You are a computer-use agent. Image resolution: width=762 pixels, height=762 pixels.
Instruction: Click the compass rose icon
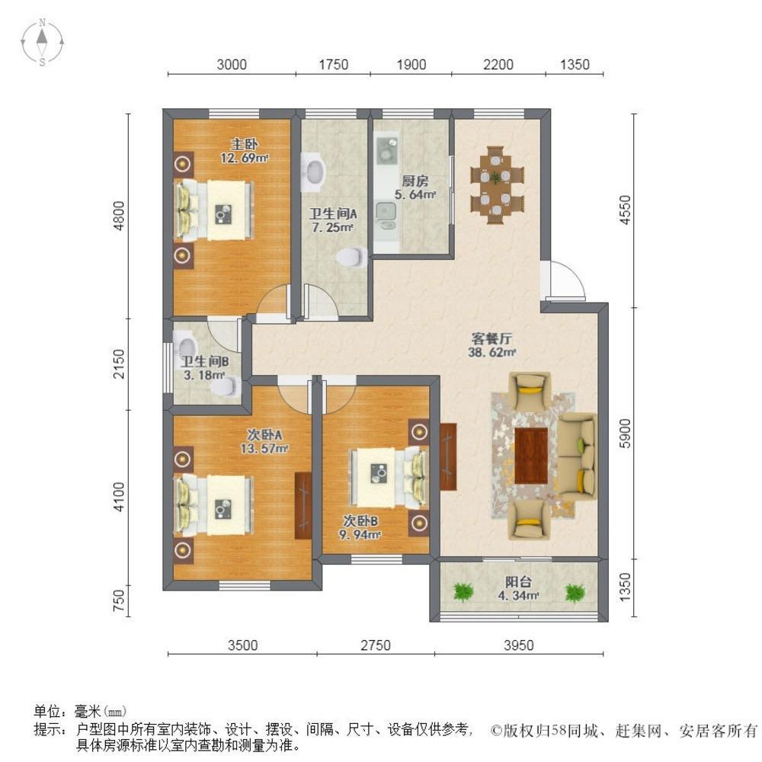point(42,42)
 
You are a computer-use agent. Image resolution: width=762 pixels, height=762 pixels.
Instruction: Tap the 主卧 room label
point(244,144)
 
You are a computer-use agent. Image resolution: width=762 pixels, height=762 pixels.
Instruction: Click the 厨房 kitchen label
point(415,181)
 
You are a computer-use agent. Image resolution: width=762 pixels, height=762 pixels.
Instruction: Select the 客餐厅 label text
point(491,339)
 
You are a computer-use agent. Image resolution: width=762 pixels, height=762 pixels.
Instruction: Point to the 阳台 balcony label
point(518,581)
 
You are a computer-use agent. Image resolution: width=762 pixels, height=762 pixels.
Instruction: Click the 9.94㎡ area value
point(360,535)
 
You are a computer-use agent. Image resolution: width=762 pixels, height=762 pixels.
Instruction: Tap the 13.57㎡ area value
point(264,449)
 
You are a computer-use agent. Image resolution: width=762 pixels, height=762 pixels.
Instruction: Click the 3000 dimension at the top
point(232,65)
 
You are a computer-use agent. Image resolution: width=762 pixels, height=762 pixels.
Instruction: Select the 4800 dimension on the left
point(119,216)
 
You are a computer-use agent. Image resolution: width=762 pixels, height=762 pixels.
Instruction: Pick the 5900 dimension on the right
point(626,434)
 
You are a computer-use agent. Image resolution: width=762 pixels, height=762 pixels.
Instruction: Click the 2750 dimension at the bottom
point(375,645)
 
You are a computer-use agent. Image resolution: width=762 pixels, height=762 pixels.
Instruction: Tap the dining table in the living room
point(497,184)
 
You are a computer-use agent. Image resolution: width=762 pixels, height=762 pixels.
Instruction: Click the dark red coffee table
point(531,456)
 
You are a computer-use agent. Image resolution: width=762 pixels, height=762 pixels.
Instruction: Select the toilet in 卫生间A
point(352,257)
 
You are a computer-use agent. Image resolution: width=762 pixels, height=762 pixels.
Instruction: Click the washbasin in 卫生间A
point(313,171)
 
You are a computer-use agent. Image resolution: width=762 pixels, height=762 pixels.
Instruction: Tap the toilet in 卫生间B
point(226,387)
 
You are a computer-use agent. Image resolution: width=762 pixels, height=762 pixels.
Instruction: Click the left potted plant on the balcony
point(463,592)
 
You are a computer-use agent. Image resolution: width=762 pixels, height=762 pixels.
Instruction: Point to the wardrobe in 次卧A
point(303,505)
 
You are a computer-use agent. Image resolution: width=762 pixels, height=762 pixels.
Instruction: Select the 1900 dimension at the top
point(411,65)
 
